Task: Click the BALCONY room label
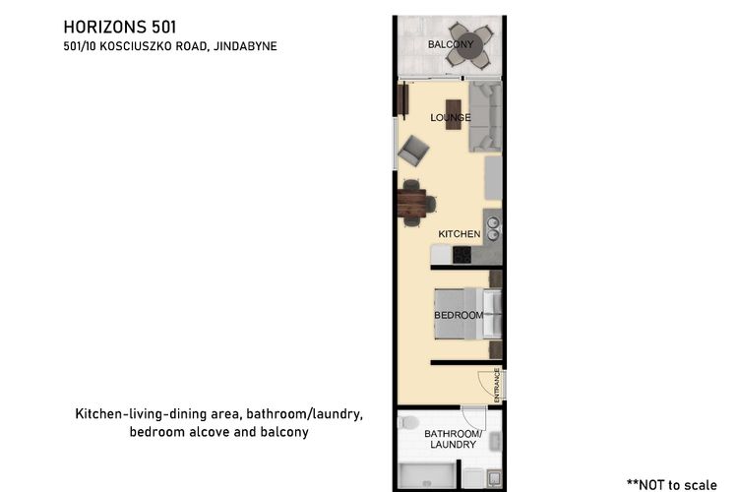[451, 44]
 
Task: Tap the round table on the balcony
[469, 44]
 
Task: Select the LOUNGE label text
[451, 117]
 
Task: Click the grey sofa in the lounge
[485, 116]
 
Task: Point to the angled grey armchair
[413, 151]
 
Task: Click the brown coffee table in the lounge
[454, 114]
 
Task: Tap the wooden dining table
[412, 203]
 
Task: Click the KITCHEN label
[460, 234]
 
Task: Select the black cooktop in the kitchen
[461, 255]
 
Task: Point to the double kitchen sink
[493, 228]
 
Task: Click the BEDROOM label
[459, 315]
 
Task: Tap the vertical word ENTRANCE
[497, 385]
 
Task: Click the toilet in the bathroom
[407, 422]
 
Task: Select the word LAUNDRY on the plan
[454, 445]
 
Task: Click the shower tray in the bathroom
[427, 475]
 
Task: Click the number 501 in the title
[163, 27]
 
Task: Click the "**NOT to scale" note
[672, 485]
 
